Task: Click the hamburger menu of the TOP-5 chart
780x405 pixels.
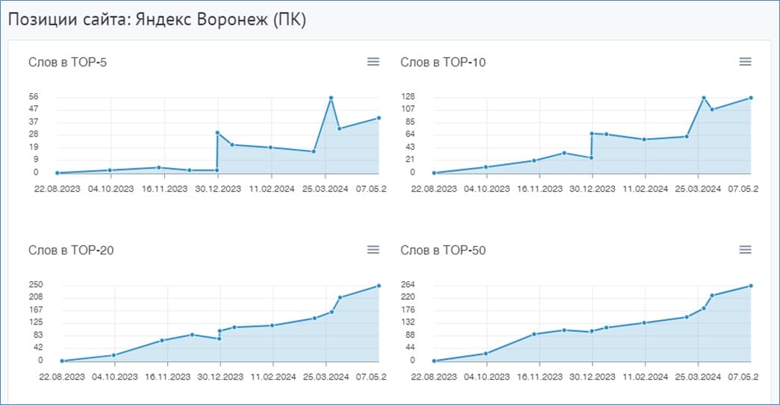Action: (x=373, y=62)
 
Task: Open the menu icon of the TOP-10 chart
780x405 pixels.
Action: (x=745, y=62)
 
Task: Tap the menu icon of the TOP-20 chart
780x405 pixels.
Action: (x=373, y=249)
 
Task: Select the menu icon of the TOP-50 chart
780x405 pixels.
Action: (x=745, y=249)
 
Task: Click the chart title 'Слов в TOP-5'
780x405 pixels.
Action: (x=68, y=62)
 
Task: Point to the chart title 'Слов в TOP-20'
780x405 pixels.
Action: (x=71, y=250)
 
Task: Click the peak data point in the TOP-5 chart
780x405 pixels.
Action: (x=331, y=98)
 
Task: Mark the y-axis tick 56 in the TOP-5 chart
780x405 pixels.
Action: (x=34, y=97)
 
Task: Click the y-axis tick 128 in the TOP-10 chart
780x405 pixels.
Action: (x=408, y=97)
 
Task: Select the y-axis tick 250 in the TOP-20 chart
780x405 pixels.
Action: (x=36, y=285)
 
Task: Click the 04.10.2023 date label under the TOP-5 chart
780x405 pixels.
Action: (x=111, y=189)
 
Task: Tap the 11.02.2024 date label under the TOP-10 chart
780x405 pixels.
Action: (x=645, y=189)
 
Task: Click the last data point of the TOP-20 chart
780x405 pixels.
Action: (x=379, y=286)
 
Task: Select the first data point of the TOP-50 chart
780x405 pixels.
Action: (x=434, y=361)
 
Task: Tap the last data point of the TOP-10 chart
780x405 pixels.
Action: (x=751, y=98)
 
